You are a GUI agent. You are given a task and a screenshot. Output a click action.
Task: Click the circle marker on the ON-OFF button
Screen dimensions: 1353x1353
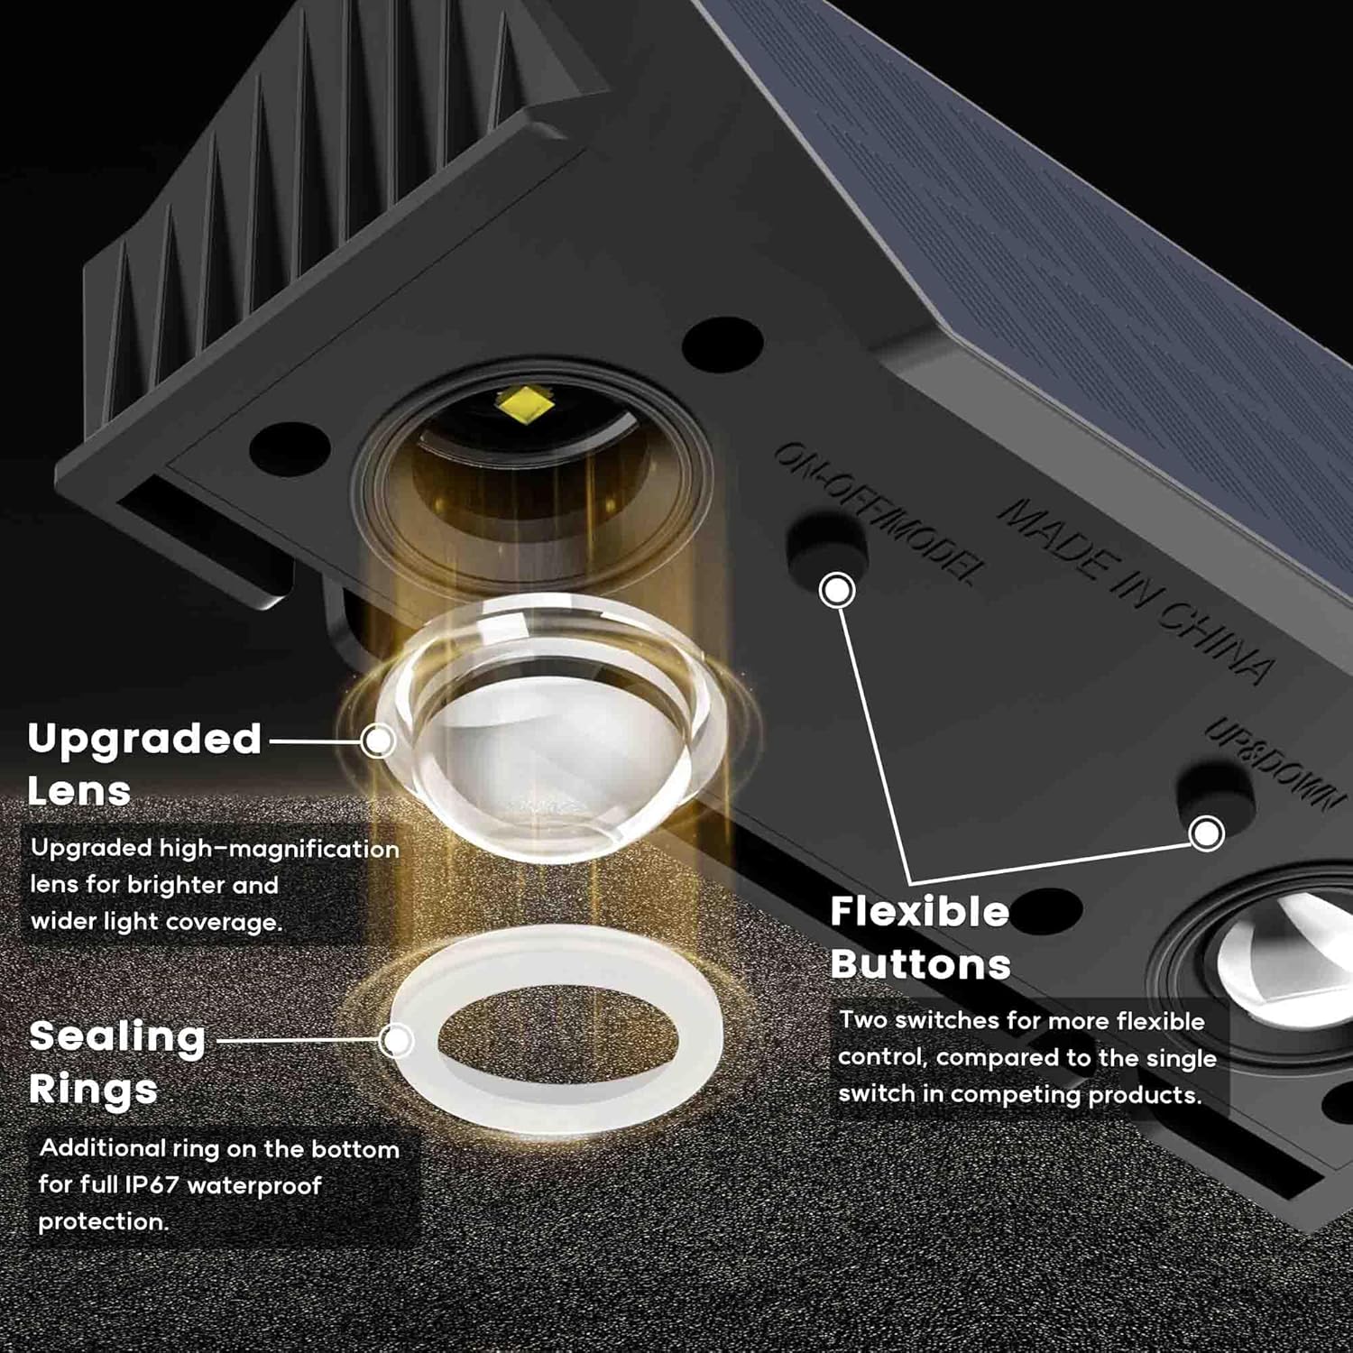coord(838,590)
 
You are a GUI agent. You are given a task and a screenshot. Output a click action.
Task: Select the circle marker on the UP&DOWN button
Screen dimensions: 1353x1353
coord(1206,833)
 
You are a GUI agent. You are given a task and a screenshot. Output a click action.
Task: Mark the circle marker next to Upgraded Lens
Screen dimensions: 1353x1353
coord(378,741)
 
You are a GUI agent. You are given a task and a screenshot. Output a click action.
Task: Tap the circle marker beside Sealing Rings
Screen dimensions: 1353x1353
coord(395,1040)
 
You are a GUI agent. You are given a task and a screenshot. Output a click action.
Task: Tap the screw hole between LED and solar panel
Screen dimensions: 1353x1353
coord(723,344)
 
